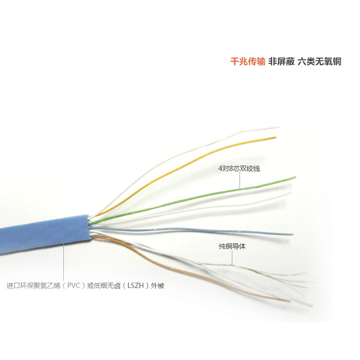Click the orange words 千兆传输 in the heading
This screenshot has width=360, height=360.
tap(248, 61)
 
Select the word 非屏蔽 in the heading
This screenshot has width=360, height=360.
tap(280, 61)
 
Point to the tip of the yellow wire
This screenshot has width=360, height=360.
tap(275, 138)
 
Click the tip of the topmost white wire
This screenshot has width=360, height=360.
tap(278, 128)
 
